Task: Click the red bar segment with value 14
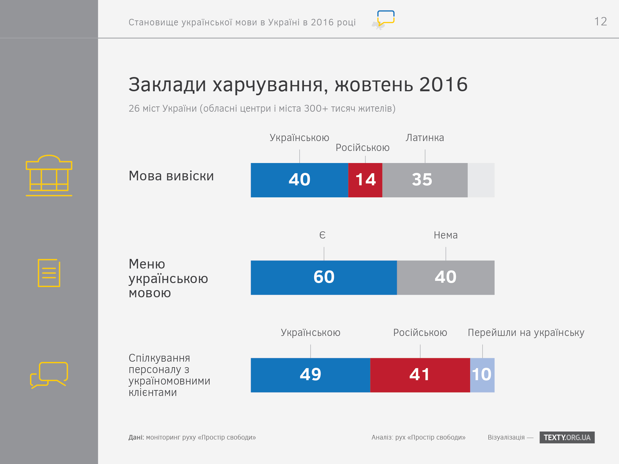click(365, 180)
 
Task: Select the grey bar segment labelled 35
click(425, 180)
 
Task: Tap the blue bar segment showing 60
click(324, 277)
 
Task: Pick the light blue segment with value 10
click(482, 375)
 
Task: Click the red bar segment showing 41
click(420, 375)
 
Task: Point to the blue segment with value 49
click(310, 375)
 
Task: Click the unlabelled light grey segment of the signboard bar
click(481, 180)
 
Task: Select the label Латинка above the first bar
click(425, 138)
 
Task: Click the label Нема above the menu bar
click(445, 235)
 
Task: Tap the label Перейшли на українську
click(526, 333)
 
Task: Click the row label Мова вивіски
click(171, 176)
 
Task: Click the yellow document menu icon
click(49, 273)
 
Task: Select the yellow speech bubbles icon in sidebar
click(49, 375)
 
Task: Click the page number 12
click(600, 22)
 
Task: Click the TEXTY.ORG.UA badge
click(567, 437)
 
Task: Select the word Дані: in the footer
click(136, 437)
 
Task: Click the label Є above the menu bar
click(322, 235)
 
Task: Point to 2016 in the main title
click(443, 84)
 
